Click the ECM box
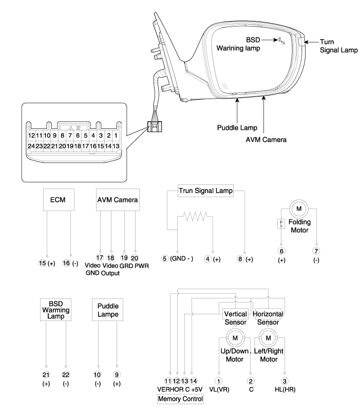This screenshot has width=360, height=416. point(57,200)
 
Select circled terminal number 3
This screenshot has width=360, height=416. point(285,381)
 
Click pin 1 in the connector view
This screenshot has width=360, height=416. point(116,136)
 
